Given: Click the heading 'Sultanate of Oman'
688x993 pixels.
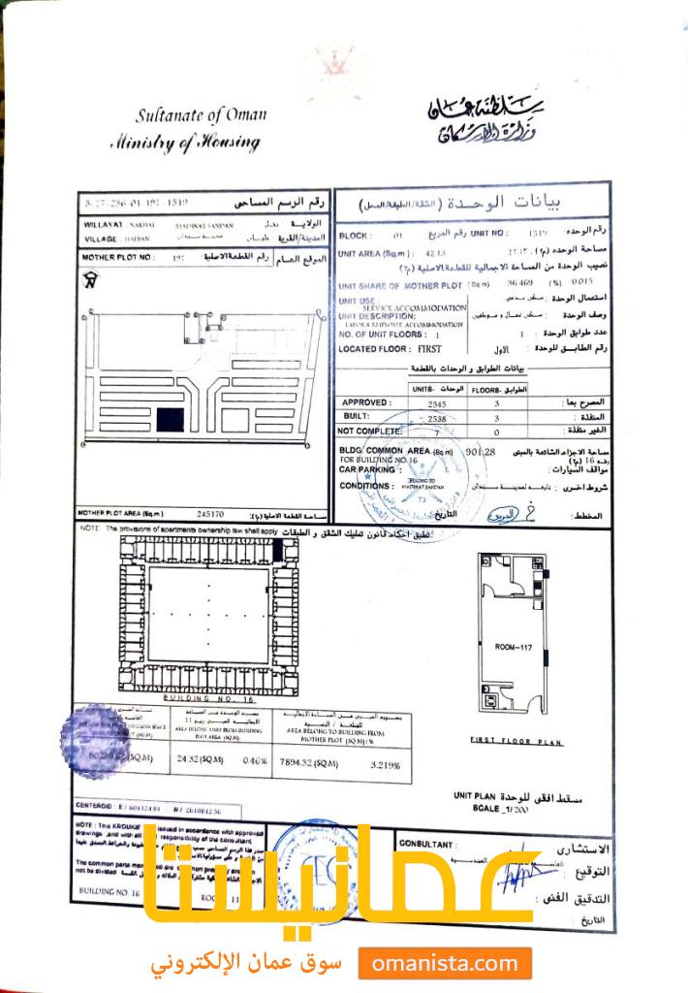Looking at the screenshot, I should point(201,115).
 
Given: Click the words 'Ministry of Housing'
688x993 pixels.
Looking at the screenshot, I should point(184,144).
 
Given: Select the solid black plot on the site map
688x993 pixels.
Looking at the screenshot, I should point(171,421).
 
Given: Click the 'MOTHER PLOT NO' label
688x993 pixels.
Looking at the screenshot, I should point(113,258).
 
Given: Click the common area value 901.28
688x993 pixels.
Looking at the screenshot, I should point(481,451).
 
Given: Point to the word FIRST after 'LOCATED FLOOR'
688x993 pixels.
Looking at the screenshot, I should point(427,347).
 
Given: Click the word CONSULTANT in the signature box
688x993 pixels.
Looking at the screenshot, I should point(425,845).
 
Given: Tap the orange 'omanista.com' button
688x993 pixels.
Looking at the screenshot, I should point(445,963).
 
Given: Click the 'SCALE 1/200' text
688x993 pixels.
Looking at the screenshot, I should point(501,807).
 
